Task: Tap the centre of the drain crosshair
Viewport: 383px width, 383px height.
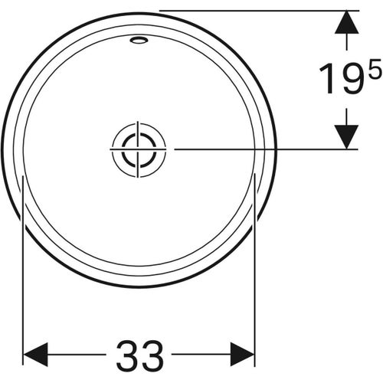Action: tap(138, 149)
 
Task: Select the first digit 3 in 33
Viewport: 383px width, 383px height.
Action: tap(128, 355)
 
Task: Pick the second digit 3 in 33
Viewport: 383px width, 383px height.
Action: tap(152, 355)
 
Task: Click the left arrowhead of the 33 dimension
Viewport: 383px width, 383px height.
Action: tap(35, 355)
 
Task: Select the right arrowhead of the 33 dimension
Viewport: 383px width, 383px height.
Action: tap(243, 355)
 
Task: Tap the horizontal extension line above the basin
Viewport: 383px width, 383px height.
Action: tap(253, 10)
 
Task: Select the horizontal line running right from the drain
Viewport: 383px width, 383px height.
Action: tap(253, 149)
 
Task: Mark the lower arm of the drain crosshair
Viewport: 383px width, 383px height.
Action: tap(138, 167)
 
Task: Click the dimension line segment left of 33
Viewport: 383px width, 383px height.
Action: tap(77, 355)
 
